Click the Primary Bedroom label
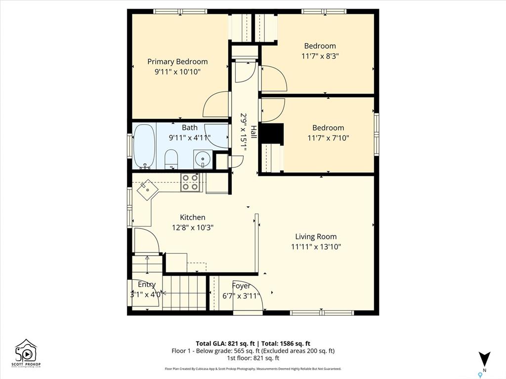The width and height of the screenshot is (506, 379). tap(177, 62)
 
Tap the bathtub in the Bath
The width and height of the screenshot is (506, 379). tap(144, 146)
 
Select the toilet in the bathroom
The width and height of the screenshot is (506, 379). tap(171, 159)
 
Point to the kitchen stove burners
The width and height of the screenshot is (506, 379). tap(190, 182)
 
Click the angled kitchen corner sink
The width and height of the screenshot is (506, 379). tap(147, 190)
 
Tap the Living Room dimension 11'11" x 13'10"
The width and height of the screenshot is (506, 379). tap(316, 247)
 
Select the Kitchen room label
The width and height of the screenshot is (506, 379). tap(193, 217)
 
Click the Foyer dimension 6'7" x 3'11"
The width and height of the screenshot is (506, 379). tap(241, 296)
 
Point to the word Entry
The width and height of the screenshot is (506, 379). tap(147, 284)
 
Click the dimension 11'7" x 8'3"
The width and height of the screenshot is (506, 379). tap(320, 56)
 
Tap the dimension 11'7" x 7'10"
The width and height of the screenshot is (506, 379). tap(329, 138)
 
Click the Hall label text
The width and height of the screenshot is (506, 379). tap(253, 132)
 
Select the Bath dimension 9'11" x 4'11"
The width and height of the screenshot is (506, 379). tap(190, 138)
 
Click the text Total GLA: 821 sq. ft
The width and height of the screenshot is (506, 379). tap(225, 343)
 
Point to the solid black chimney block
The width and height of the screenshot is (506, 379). tap(272, 133)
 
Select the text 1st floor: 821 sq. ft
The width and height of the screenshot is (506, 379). tap(253, 358)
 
